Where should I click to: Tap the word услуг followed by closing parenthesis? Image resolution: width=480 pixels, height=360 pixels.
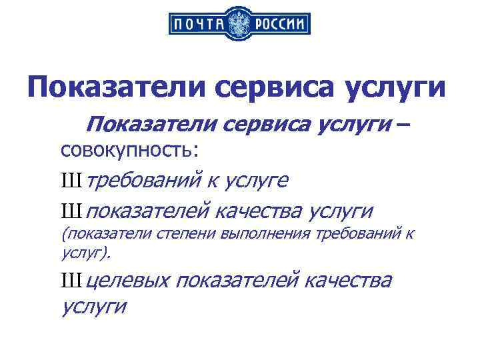click(83, 253)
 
